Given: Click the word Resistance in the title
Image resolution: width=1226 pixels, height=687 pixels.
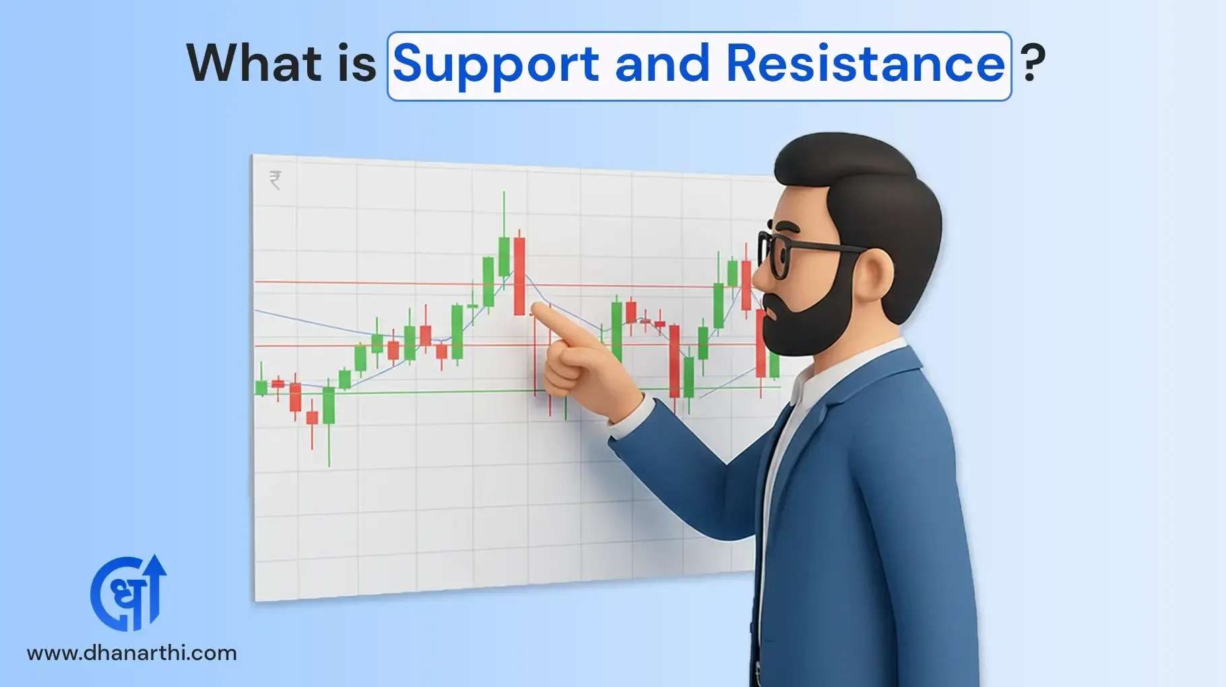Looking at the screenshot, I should (865, 64).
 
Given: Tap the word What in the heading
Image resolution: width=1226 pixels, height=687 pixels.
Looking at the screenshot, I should (254, 63).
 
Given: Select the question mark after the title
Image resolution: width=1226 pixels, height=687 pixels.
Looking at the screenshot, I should (1033, 63).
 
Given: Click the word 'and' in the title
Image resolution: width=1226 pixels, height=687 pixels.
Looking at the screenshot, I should (662, 64).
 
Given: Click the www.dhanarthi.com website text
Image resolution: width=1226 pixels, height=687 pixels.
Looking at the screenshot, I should (132, 653).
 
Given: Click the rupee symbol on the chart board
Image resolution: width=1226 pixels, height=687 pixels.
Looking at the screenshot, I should (275, 180).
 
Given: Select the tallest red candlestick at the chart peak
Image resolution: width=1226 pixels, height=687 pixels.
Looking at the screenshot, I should (519, 276).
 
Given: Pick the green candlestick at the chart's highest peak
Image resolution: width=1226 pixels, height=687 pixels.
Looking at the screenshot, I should (504, 255).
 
